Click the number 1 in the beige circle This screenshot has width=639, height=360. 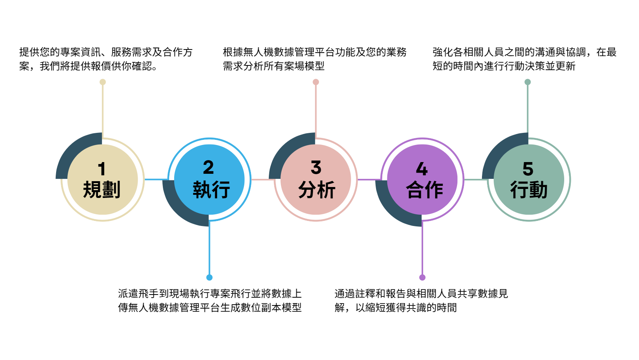(x=102, y=169)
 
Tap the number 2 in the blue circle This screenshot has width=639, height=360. (x=208, y=167)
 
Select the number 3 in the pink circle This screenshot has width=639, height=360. (x=316, y=167)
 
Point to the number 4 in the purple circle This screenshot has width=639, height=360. (x=422, y=169)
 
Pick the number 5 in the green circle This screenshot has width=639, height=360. (x=528, y=169)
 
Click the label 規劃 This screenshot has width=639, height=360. (x=102, y=190)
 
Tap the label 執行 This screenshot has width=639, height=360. (x=212, y=190)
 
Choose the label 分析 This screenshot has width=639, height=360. (x=317, y=190)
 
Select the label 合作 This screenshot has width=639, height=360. (x=424, y=190)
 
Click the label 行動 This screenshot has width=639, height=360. (x=529, y=190)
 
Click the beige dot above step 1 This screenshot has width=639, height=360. (x=103, y=82)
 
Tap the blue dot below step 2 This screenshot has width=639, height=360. (x=209, y=277)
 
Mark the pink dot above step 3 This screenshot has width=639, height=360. (x=316, y=82)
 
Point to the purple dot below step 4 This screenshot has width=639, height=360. (x=422, y=277)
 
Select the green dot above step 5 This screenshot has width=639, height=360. (x=528, y=82)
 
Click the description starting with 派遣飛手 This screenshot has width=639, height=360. (x=210, y=301)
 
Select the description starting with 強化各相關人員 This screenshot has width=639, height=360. (x=524, y=59)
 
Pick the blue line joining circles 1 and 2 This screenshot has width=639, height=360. (x=156, y=180)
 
